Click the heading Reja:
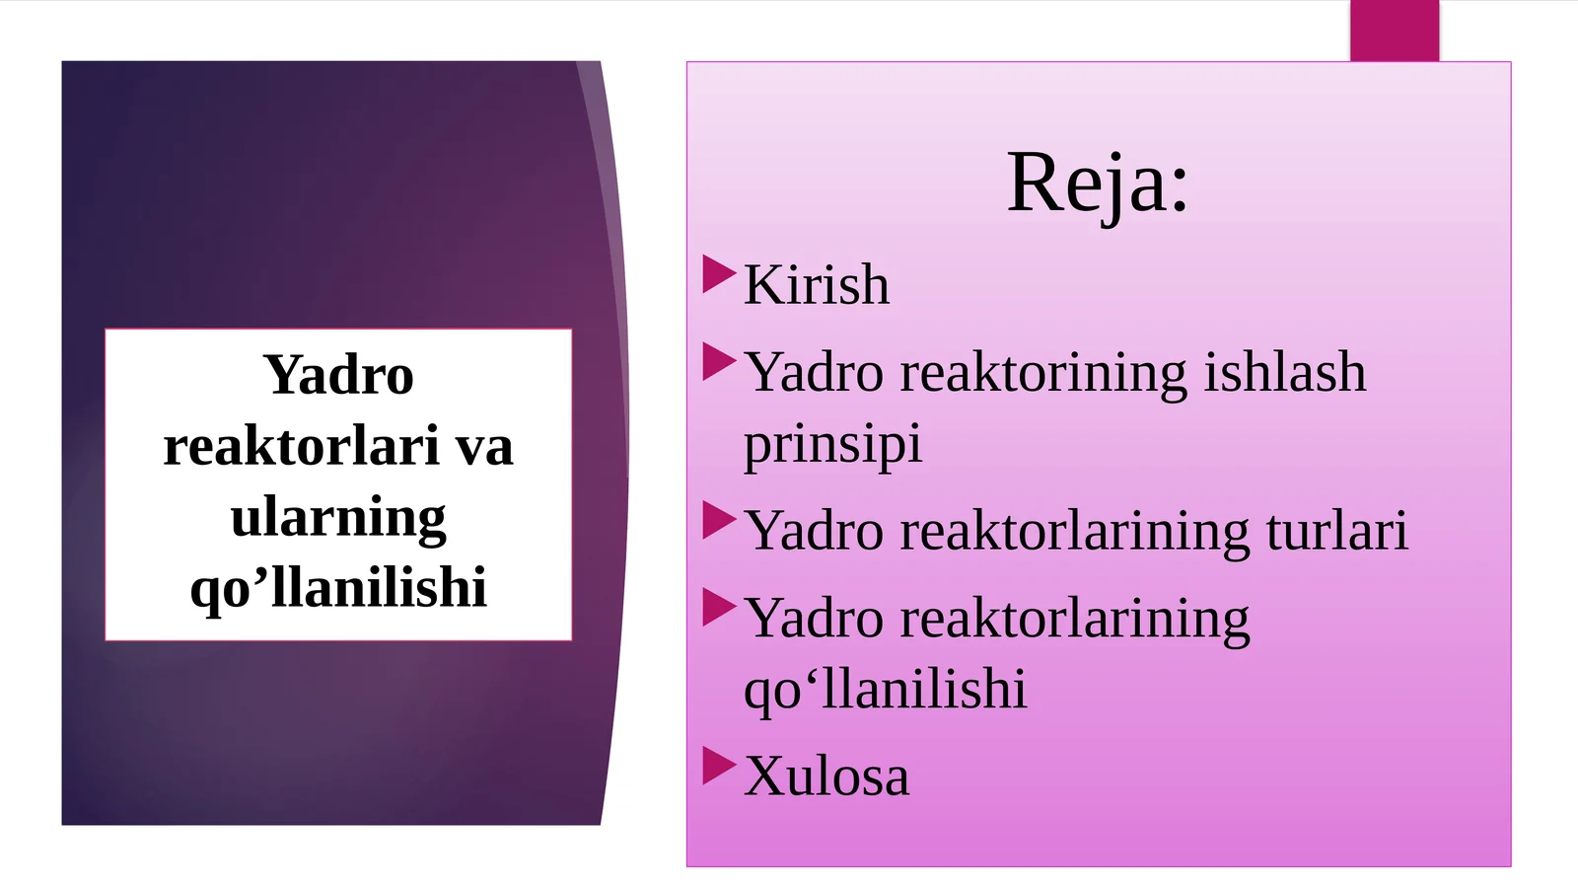(x=1098, y=184)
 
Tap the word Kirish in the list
(x=817, y=285)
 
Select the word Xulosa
(x=826, y=776)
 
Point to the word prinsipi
(x=832, y=445)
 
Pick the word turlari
(x=1336, y=531)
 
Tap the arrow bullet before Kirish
(x=719, y=274)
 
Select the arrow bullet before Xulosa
(x=719, y=766)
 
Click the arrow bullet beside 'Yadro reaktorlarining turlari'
(x=719, y=520)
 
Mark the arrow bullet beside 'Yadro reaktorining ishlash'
(x=719, y=362)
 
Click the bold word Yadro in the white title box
(x=338, y=375)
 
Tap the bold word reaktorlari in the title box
(x=301, y=446)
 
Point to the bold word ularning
(x=338, y=518)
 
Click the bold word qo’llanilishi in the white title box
(x=338, y=588)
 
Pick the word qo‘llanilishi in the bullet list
(x=885, y=690)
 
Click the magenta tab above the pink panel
(x=1395, y=31)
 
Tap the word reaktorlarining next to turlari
(x=1074, y=531)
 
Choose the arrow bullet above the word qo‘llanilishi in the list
(x=719, y=608)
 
